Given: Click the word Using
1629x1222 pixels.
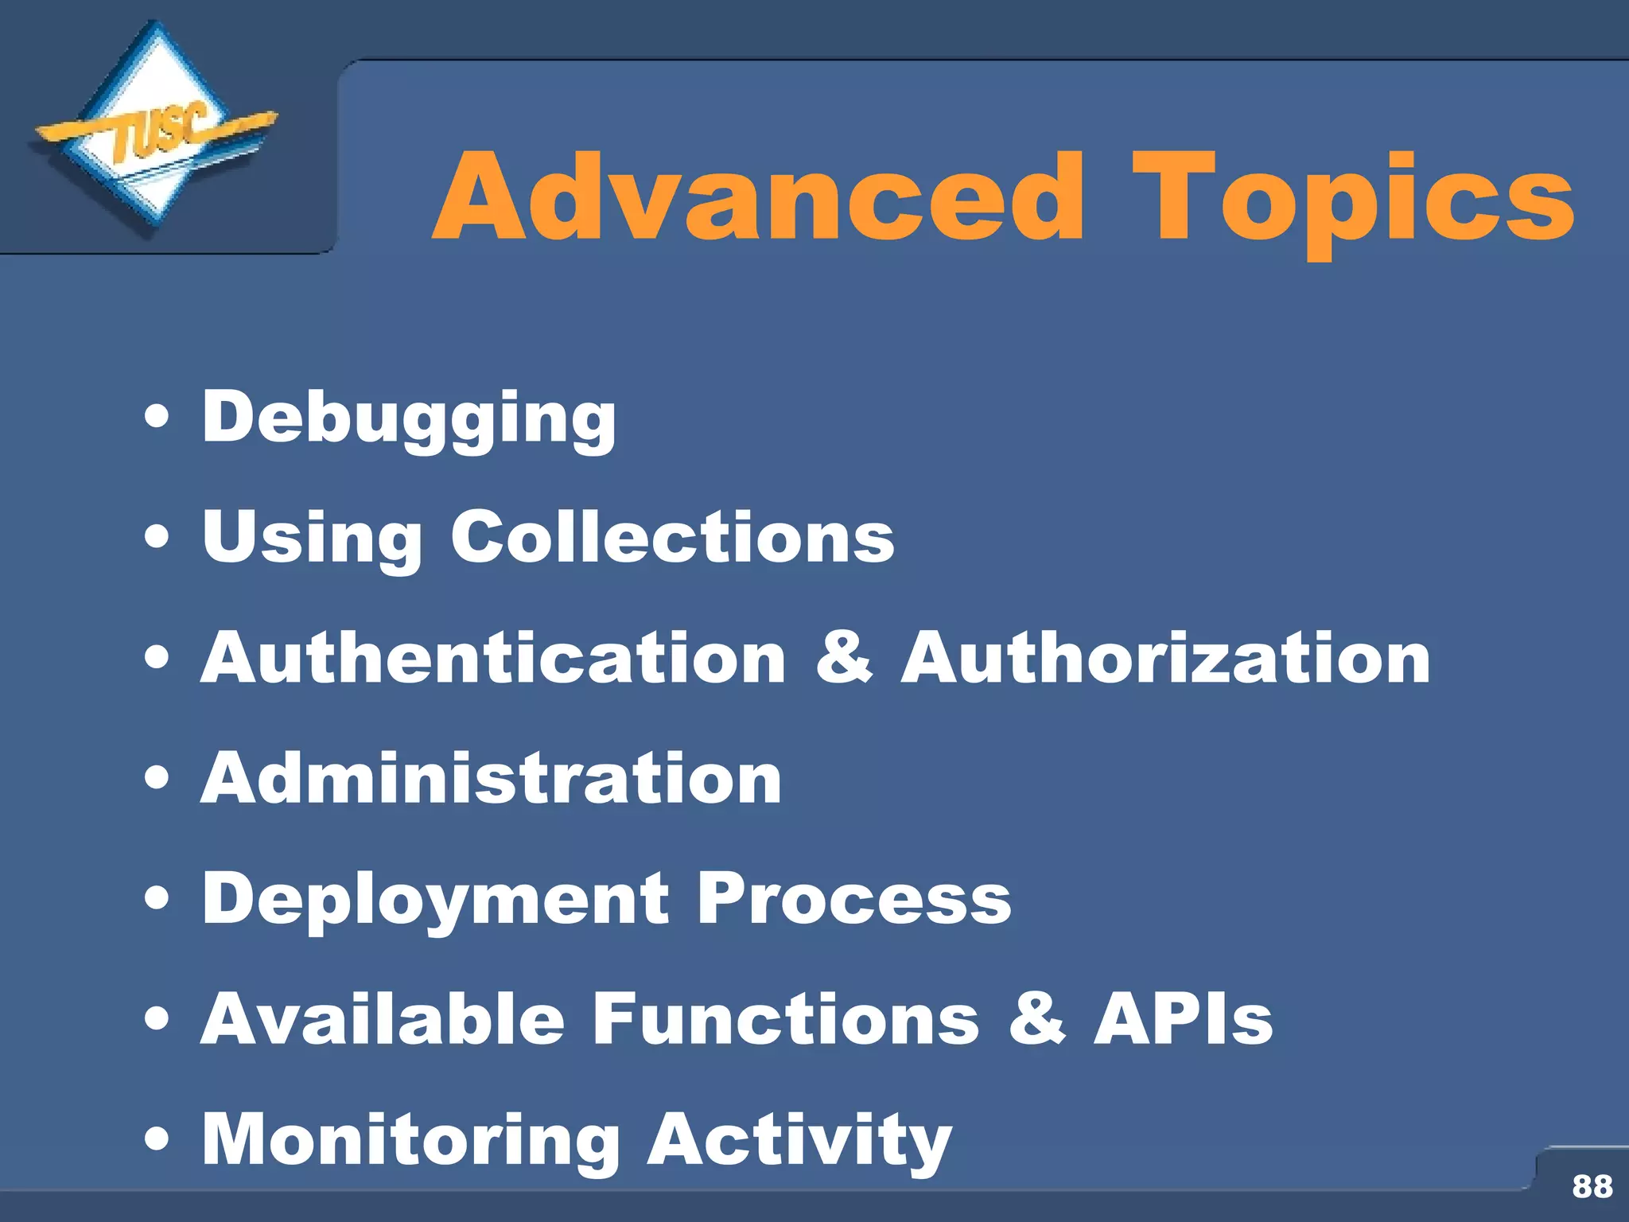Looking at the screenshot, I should point(312,538).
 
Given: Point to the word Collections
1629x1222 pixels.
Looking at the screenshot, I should point(672,538).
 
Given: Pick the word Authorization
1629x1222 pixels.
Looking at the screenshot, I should point(1165,658).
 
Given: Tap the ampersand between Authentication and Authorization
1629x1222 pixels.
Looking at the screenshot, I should point(844,658).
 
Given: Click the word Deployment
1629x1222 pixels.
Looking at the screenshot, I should point(436,900).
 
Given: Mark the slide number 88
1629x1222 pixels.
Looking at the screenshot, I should point(1592,1186).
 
